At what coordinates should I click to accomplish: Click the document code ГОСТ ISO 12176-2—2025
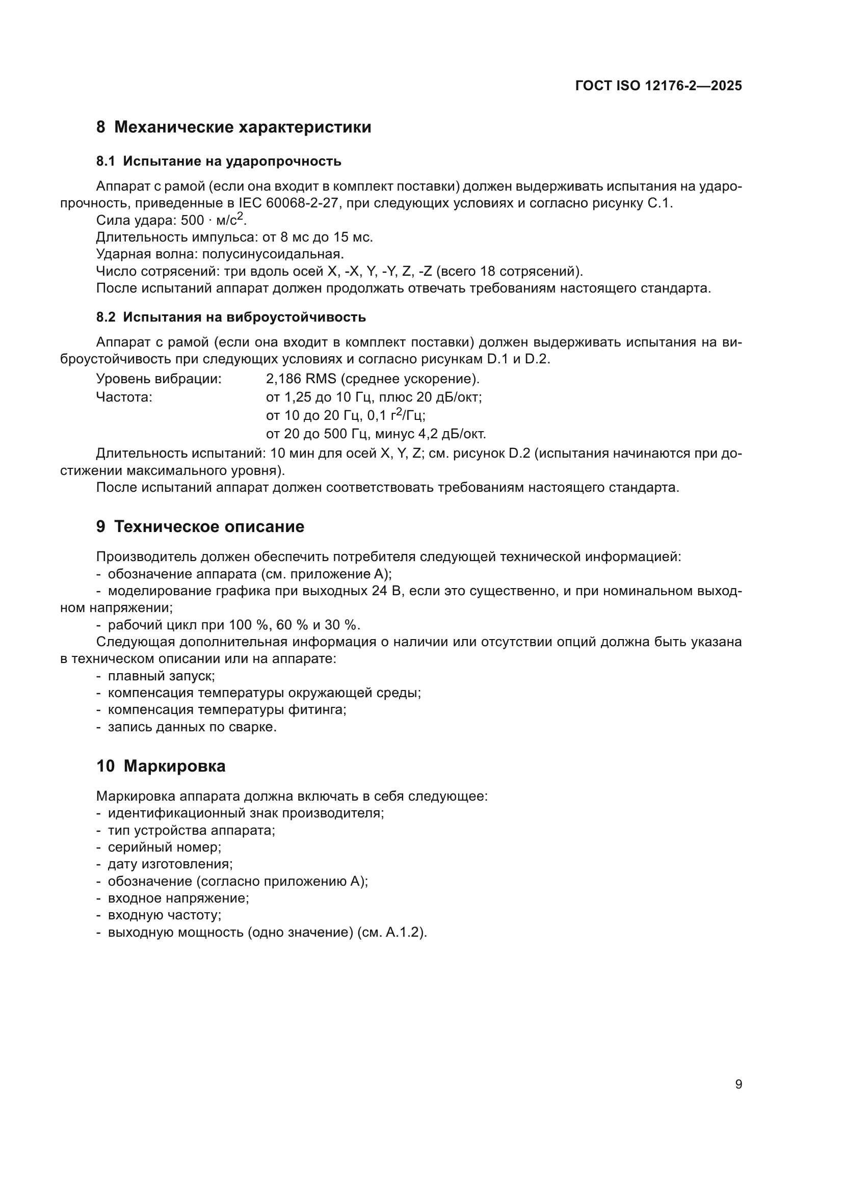[x=658, y=86]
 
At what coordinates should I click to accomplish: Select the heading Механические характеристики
[x=243, y=127]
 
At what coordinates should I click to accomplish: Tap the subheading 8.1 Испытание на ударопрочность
[x=219, y=162]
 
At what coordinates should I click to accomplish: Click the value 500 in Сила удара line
[x=192, y=221]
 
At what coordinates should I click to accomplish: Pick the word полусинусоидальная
[x=272, y=254]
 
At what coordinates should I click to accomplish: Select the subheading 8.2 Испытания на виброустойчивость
[x=231, y=317]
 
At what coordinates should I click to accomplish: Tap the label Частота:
[x=124, y=398]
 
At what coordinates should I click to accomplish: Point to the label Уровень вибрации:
[x=159, y=379]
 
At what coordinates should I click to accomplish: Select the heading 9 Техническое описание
[x=200, y=527]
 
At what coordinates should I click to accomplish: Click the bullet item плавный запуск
[x=161, y=676]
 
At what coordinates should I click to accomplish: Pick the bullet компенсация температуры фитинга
[x=227, y=710]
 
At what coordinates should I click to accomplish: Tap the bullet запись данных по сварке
[x=192, y=727]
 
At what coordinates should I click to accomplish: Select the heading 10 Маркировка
[x=161, y=766]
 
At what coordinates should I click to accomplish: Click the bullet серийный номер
[x=164, y=847]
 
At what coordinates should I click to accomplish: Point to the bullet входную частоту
[x=164, y=915]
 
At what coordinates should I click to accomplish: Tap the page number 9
[x=739, y=1084]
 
